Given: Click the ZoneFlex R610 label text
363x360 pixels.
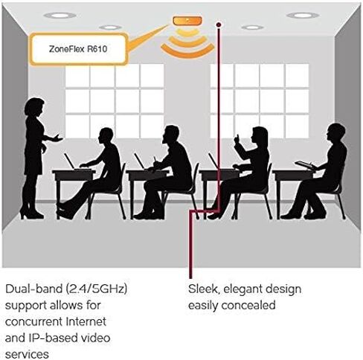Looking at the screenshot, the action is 78,49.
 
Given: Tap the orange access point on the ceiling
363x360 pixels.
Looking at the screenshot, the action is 187,21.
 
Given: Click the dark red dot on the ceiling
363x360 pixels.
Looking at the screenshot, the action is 219,25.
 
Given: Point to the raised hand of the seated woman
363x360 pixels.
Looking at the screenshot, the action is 237,140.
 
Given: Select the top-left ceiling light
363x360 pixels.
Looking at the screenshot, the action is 60,16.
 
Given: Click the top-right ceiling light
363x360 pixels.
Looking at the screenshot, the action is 303,16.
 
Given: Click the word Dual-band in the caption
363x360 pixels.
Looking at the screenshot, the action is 33,289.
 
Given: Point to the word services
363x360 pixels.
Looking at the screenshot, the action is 27,354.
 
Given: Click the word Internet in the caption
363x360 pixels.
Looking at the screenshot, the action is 86,321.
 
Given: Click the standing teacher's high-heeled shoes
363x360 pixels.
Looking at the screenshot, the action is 31,214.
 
